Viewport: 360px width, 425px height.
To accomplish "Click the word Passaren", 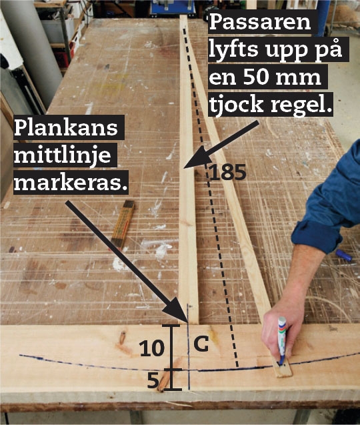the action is [x=260, y=22].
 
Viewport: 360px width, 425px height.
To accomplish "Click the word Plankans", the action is [x=66, y=127].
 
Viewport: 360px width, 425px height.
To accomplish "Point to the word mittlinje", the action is [x=63, y=155].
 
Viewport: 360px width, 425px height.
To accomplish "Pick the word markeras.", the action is [x=71, y=183].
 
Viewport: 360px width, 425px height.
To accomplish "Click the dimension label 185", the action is [x=228, y=172].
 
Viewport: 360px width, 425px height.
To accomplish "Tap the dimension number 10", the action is [x=152, y=348].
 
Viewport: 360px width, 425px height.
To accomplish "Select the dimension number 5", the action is [x=153, y=381].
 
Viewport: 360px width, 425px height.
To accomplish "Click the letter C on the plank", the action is [x=201, y=344].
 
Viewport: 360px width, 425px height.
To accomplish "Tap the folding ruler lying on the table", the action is [x=123, y=224].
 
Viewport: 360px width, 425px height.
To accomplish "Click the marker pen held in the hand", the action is [x=282, y=341].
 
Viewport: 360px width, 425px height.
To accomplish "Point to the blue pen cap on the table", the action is [x=344, y=256].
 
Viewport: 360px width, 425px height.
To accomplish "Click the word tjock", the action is [x=236, y=104].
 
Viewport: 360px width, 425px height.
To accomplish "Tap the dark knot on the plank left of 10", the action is [x=123, y=338].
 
